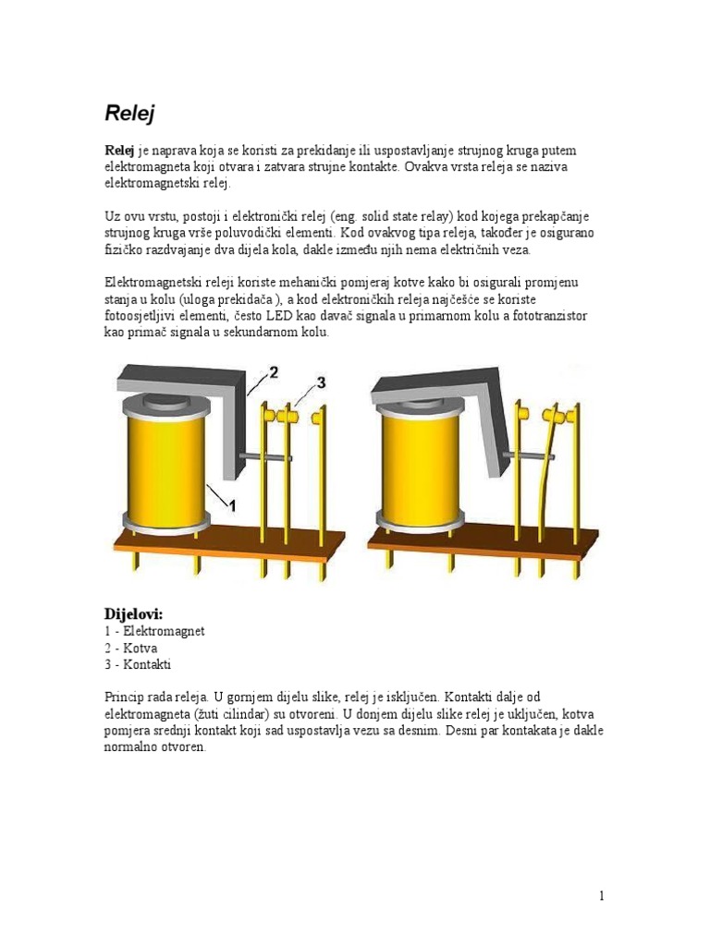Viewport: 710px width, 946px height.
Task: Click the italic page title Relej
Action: tap(129, 114)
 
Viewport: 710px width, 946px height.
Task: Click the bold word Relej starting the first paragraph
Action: tap(118, 151)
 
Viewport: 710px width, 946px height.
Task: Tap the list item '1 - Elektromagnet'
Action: tap(153, 631)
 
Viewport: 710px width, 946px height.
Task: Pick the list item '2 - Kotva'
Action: tap(130, 648)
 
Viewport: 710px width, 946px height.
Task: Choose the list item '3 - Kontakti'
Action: tap(138, 664)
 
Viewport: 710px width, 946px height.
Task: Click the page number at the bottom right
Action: tap(601, 895)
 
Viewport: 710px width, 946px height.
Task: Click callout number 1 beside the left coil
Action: tap(233, 504)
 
